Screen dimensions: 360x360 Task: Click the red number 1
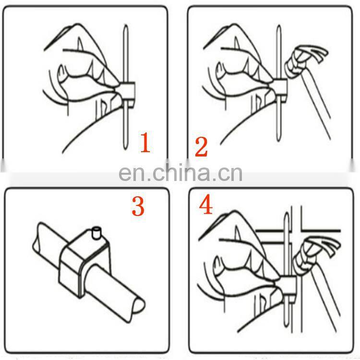(145, 143)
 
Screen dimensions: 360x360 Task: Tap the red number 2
(201, 147)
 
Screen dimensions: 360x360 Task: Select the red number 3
(138, 206)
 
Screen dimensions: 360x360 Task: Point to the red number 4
(206, 205)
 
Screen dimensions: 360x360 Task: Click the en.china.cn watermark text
(180, 172)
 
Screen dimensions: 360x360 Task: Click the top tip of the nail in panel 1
(126, 25)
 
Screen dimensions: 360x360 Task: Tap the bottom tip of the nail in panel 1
(125, 149)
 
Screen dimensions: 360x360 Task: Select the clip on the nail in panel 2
(280, 90)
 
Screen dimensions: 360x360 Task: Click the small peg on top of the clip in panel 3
(96, 233)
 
